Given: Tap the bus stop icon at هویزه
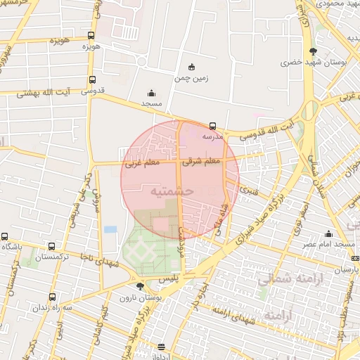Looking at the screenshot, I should tap(91, 36).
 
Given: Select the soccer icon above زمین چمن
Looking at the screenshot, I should tap(191, 67).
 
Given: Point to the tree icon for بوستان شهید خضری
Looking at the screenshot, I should tap(313, 51).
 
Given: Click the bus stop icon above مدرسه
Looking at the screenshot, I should tap(213, 126).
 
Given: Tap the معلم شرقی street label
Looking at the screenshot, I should tap(202, 161).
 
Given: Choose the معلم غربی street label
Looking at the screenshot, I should tap(142, 163).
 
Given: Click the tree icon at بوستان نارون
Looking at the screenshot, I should tap(141, 286).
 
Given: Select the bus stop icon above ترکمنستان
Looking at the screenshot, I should tap(51, 247).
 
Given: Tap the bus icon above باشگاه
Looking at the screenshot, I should tap(5, 237).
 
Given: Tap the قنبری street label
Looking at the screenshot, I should tap(247, 189).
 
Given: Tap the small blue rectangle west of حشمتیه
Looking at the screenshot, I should tap(110, 229).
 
